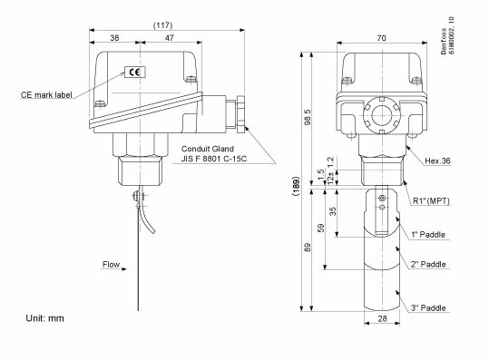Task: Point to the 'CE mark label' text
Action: tap(47, 94)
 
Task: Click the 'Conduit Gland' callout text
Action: tap(208, 148)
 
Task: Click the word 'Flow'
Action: tap(111, 266)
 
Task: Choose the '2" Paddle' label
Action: tap(427, 264)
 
